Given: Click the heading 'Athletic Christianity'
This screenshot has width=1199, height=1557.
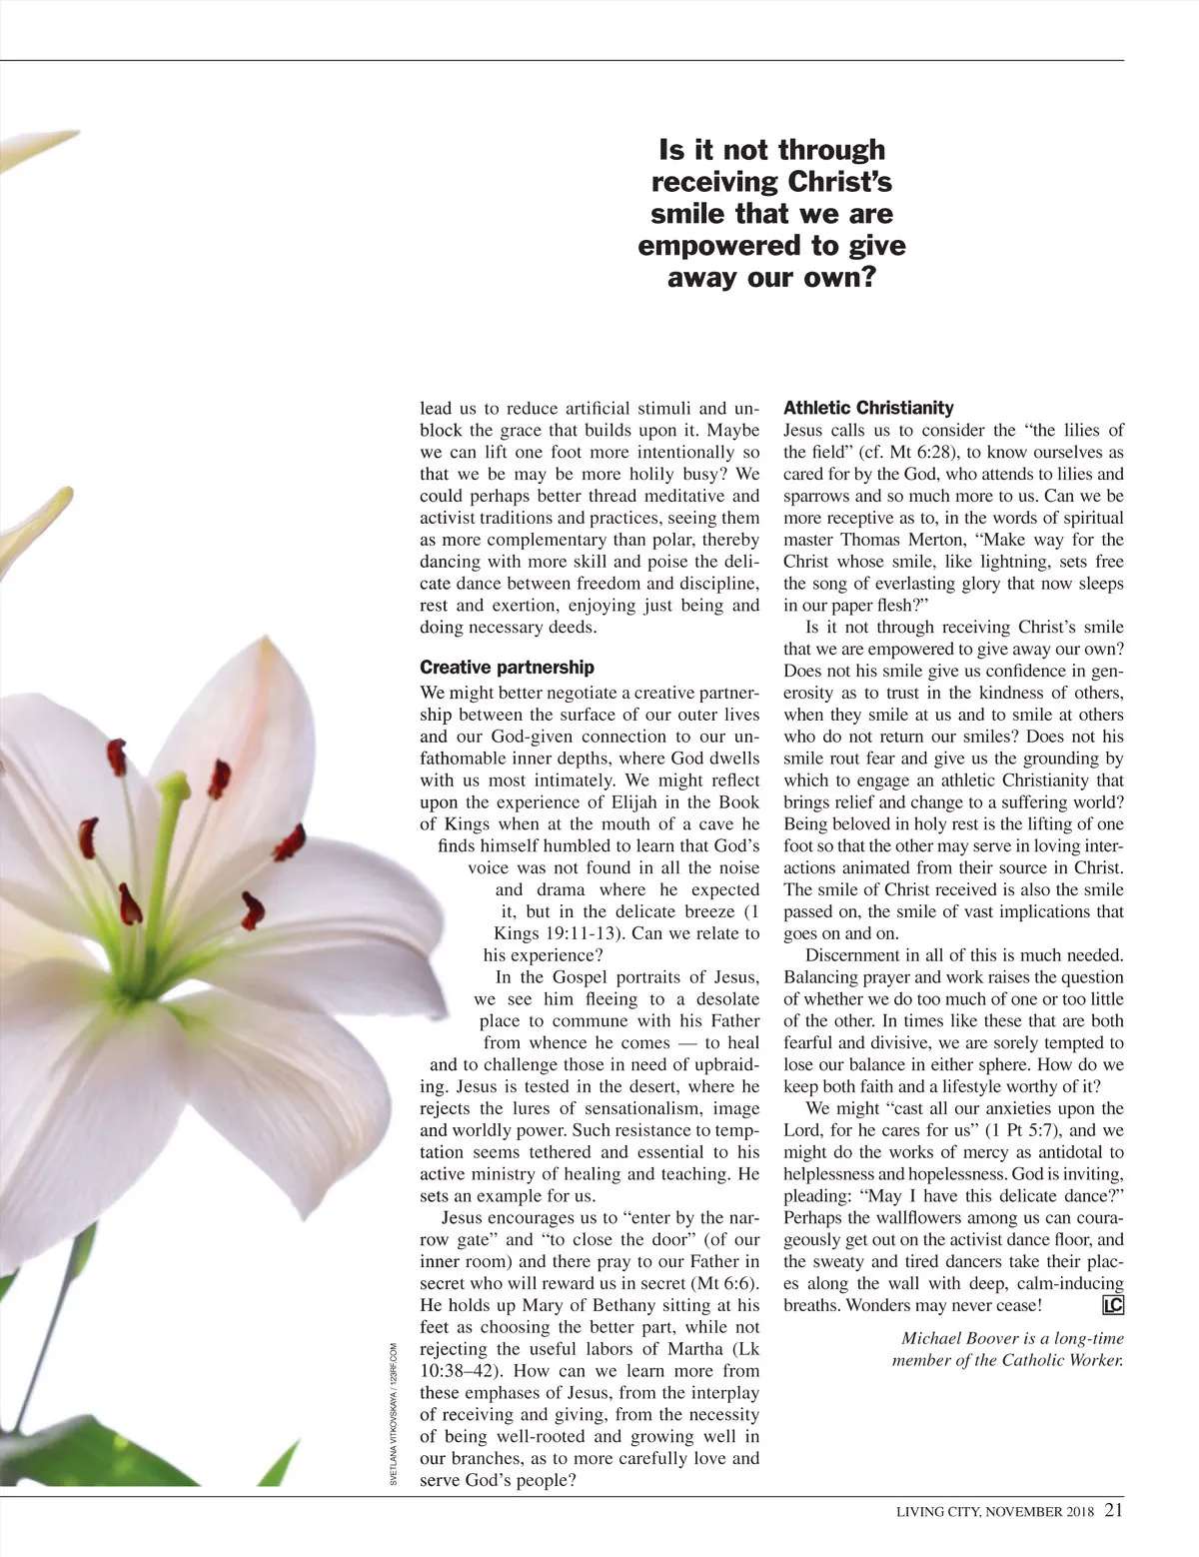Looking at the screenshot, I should pyautogui.click(x=868, y=408).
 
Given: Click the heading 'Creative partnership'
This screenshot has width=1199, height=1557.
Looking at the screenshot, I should pyautogui.click(x=507, y=667).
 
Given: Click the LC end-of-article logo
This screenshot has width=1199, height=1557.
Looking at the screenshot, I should pyautogui.click(x=1112, y=1305).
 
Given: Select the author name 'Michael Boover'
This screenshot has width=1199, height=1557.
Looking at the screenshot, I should pyautogui.click(x=957, y=1338).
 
